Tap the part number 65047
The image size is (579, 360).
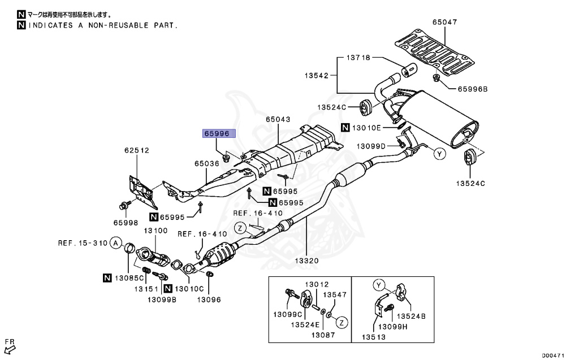(445, 22)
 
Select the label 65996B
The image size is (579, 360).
(472, 88)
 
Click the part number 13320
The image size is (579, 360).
(305, 261)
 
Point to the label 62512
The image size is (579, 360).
(137, 150)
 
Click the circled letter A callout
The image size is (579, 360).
(115, 244)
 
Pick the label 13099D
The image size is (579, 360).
(371, 146)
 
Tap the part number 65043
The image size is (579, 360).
(278, 120)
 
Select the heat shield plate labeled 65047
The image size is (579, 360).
(433, 53)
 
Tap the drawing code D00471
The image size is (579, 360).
(555, 355)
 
